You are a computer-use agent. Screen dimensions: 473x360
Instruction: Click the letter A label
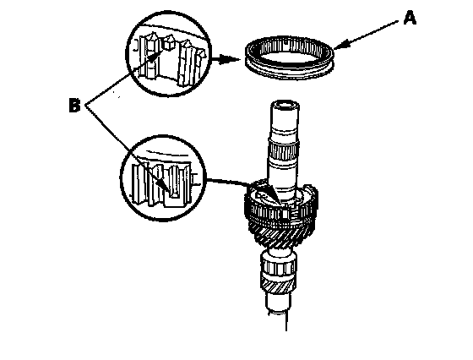pos(410,18)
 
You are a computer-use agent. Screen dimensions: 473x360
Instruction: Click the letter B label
pos(74,106)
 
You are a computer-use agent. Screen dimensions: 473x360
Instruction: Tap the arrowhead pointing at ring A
pos(340,46)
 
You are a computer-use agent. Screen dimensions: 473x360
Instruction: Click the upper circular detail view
pos(168,54)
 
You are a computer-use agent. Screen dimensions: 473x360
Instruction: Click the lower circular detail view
pos(163,178)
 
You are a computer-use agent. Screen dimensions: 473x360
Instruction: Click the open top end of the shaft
pos(285,106)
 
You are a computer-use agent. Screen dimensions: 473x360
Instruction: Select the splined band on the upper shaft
pos(284,150)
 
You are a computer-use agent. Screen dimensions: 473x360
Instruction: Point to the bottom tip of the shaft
pos(286,330)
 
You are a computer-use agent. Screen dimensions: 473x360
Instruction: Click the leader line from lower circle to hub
pos(228,182)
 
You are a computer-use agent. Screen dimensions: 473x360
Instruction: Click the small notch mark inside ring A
pos(285,43)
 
